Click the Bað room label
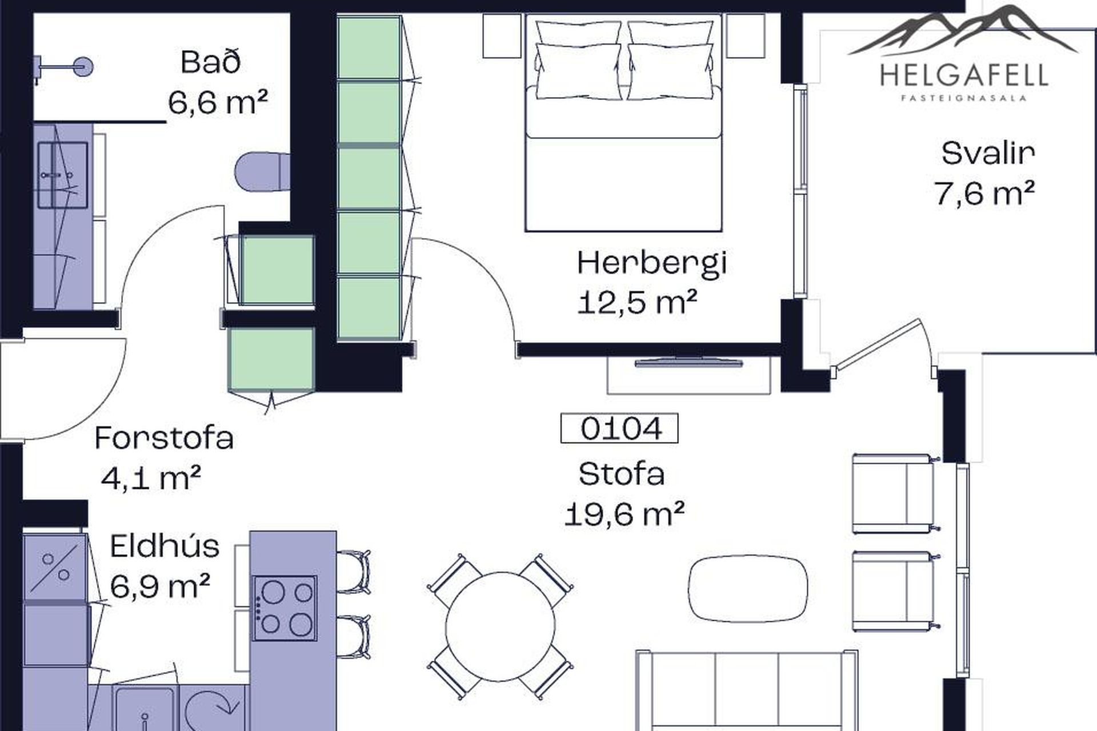tap(210, 62)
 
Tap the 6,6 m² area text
tap(218, 103)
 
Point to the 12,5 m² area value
tap(637, 303)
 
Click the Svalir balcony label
tap(988, 153)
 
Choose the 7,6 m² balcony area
tap(984, 193)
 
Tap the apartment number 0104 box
tap(619, 428)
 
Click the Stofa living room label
tap(622, 475)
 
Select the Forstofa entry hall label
tap(164, 439)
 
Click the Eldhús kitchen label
tap(165, 546)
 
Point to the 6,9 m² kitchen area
tap(160, 586)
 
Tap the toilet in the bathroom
tap(263, 171)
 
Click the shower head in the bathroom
tap(83, 66)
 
